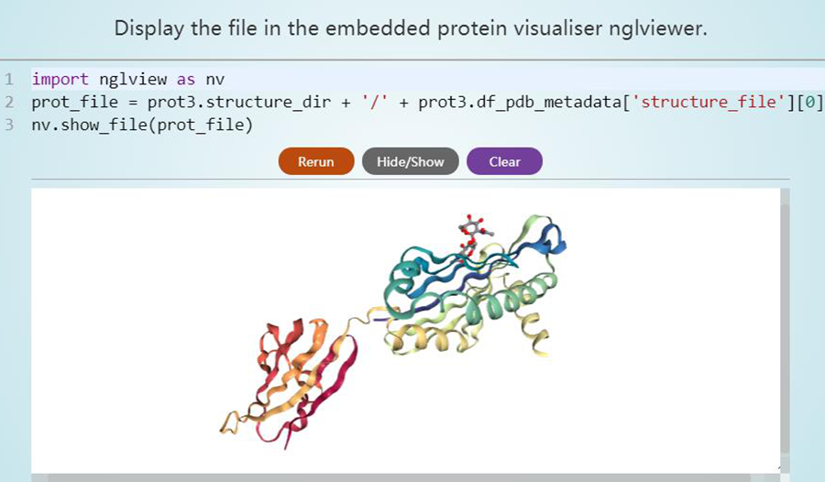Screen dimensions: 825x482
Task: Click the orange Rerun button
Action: point(316,161)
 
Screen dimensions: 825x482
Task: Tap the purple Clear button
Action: point(504,161)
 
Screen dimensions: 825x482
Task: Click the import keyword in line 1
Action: point(60,80)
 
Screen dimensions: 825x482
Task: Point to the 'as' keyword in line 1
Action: point(186,80)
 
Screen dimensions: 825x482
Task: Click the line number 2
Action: point(9,102)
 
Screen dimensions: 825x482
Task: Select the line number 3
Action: point(9,125)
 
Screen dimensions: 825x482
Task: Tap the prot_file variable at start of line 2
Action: point(75,102)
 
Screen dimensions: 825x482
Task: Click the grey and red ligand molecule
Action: point(473,233)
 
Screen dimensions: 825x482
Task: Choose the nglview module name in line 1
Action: point(133,80)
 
